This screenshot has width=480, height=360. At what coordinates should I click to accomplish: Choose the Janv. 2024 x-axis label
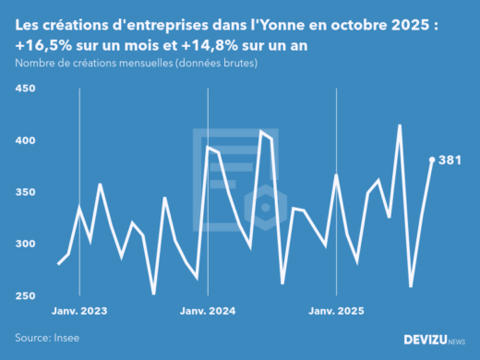click(x=209, y=311)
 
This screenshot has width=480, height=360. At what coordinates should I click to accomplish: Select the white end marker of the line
click(x=432, y=159)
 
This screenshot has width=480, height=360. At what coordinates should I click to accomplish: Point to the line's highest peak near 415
click(x=400, y=126)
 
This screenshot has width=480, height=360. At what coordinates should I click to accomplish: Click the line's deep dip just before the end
click(x=411, y=286)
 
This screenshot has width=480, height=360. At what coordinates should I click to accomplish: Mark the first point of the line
click(x=59, y=264)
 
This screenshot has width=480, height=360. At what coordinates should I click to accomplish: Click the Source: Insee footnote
click(x=47, y=338)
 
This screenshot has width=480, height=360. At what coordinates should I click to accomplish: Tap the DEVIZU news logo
click(x=430, y=340)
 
